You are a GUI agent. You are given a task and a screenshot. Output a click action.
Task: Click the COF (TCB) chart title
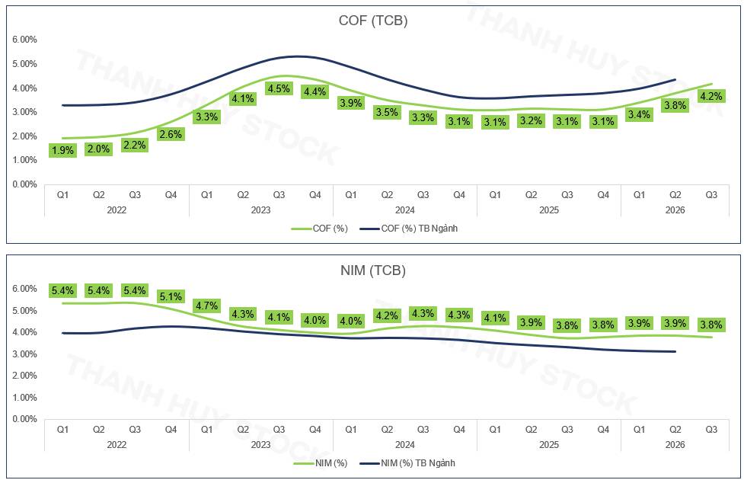pos(373,21)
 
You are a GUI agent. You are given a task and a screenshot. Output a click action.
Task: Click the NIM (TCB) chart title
pos(373,270)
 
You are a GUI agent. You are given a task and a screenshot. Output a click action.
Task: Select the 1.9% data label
pos(62,151)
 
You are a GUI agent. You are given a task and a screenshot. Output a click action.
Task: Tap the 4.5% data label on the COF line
pos(279,89)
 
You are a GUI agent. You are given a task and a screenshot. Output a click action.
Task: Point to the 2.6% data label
pos(171,134)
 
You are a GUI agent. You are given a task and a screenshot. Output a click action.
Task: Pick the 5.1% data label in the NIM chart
pos(171,296)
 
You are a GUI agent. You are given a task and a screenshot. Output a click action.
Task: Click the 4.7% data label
pos(207,306)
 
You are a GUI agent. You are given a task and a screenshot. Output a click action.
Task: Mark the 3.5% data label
pos(387,113)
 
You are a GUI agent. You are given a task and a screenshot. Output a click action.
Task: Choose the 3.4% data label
pos(639,114)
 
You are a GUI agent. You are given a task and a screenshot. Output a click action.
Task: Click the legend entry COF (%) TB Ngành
pos(409,229)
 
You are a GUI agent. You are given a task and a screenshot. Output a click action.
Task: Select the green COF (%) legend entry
pos(320,229)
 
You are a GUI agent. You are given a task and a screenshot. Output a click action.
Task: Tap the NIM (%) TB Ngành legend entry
pos(407,463)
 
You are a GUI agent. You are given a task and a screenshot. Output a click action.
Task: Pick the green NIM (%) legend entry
pos(321,463)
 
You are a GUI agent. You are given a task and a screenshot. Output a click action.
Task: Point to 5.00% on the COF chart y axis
pos(24,64)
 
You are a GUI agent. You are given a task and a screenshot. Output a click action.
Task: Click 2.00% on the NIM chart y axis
pos(24,376)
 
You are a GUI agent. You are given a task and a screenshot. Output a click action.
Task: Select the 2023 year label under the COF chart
pos(260,210)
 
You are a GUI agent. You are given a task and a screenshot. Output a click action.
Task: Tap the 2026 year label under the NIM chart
pos(675,445)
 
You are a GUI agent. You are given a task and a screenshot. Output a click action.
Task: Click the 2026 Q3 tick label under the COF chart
pos(711,195)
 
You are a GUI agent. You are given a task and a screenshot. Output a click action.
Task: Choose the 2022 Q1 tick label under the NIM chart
pos(62,430)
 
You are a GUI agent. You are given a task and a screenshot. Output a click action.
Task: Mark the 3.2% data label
pos(531,120)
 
